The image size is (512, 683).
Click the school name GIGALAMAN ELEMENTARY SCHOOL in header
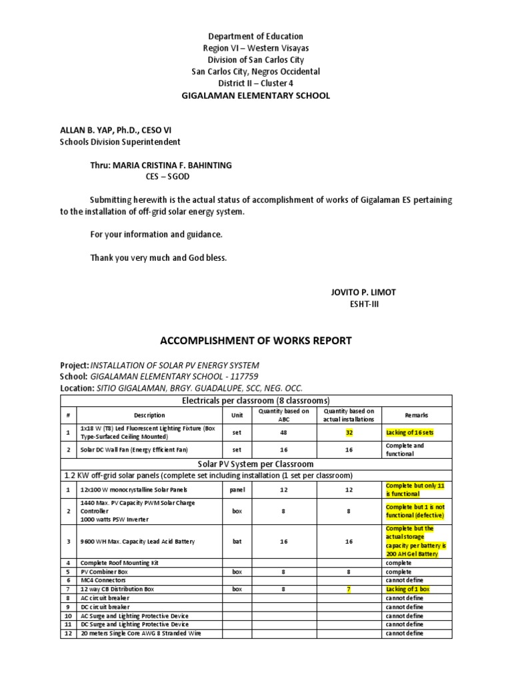(256, 95)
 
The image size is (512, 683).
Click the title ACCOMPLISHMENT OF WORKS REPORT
(256, 341)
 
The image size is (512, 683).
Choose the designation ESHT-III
(363, 305)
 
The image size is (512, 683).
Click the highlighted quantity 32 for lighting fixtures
(349, 432)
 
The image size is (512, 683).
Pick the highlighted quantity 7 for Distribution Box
(349, 590)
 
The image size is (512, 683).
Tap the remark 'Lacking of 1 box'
(407, 590)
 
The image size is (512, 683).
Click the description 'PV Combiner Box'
(104, 572)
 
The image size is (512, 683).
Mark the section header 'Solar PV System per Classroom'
(256, 463)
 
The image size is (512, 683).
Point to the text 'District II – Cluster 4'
(256, 83)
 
